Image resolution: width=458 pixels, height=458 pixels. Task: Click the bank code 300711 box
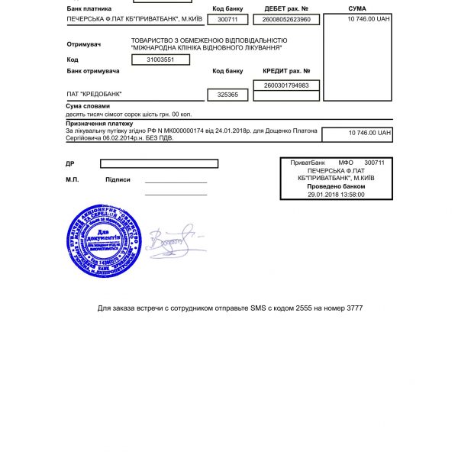tap(227, 19)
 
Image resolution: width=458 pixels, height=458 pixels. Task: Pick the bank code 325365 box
tap(227, 95)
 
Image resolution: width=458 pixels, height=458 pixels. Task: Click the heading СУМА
tap(357, 8)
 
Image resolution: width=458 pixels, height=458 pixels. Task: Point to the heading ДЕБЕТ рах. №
tap(286, 8)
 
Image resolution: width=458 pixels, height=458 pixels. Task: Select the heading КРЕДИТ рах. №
tap(286, 71)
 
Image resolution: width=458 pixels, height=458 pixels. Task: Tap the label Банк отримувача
tap(93, 71)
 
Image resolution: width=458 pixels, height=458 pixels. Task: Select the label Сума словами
tap(88, 106)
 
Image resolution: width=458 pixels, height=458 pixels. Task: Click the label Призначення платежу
tap(99, 123)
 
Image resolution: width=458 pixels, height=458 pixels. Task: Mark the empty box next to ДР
tap(160, 163)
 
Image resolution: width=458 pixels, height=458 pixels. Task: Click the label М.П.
tap(73, 179)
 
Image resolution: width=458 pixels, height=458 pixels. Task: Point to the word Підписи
tap(118, 179)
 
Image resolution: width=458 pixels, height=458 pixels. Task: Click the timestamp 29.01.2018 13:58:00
tap(336, 194)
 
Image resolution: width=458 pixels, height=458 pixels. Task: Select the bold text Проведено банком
tap(336, 186)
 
